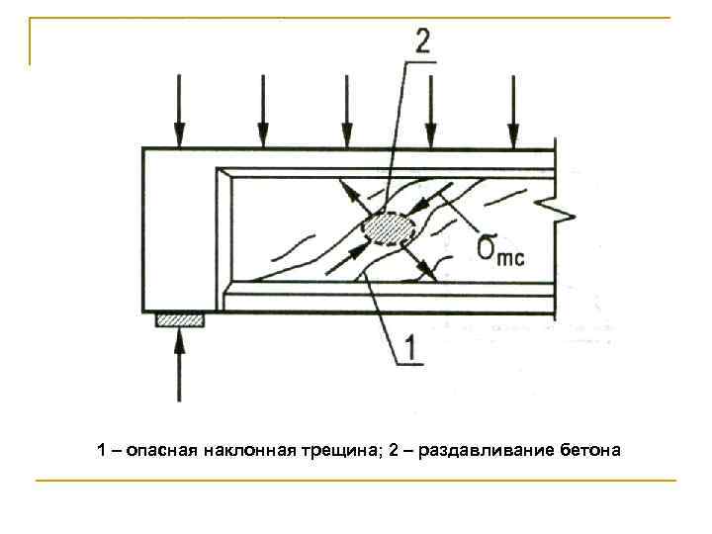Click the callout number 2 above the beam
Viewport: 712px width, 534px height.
tap(422, 42)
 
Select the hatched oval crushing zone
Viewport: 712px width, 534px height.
tap(386, 229)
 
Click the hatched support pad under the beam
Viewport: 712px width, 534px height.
tap(180, 319)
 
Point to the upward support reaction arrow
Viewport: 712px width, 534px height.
tap(179, 366)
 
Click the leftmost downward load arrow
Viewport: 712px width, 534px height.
tap(179, 110)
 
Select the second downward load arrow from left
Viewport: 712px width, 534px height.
tap(262, 110)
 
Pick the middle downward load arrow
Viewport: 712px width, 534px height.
tap(346, 110)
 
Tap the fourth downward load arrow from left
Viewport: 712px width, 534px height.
tap(429, 110)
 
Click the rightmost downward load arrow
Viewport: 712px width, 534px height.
tap(512, 110)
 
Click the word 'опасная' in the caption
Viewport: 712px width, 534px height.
tap(162, 452)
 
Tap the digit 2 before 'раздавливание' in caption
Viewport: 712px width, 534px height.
tap(394, 452)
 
